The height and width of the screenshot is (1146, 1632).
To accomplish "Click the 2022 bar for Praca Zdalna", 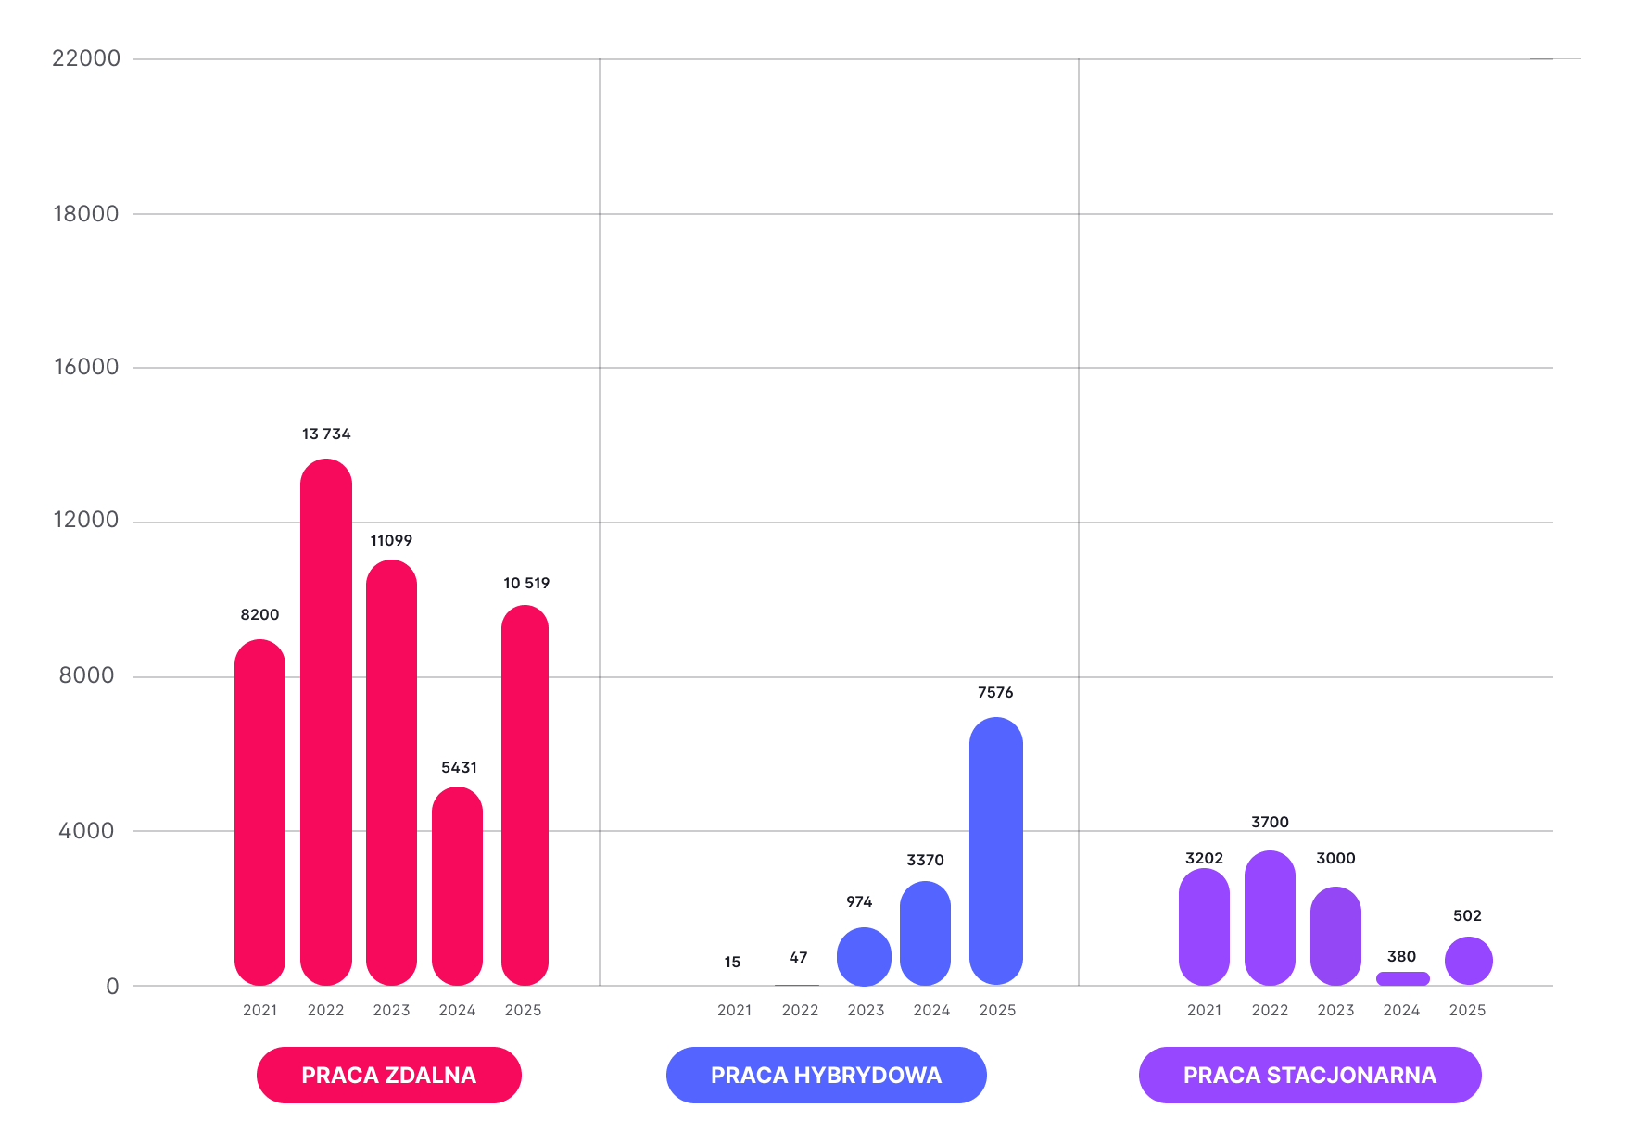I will point(326,722).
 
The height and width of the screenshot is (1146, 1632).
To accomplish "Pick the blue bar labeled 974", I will point(864,956).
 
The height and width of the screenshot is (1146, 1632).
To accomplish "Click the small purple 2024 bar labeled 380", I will point(1402,978).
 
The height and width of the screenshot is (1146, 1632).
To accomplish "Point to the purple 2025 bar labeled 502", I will point(1468,961).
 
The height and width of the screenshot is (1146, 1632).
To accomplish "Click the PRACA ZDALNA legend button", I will point(389,1075).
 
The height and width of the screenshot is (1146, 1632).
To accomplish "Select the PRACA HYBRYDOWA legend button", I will point(826,1075).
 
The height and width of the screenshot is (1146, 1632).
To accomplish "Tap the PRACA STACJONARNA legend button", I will point(1309,1075).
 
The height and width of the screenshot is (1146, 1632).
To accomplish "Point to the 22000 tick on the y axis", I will point(86,58).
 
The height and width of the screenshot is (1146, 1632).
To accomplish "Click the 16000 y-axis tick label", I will point(86,367).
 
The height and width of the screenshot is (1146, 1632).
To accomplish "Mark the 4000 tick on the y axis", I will point(86,831).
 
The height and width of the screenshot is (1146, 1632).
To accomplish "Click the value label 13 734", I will point(326,434).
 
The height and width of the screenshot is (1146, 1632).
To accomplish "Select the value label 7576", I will point(995,692).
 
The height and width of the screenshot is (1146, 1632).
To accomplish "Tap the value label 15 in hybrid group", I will point(732,963).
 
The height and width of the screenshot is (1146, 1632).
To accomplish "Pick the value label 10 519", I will point(526,583).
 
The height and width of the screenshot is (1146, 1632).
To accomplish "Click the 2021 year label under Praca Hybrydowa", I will point(734,1010).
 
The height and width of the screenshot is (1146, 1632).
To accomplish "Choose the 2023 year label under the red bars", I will point(391,1010).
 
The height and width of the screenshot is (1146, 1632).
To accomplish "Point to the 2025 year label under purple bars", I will point(1467,1010).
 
